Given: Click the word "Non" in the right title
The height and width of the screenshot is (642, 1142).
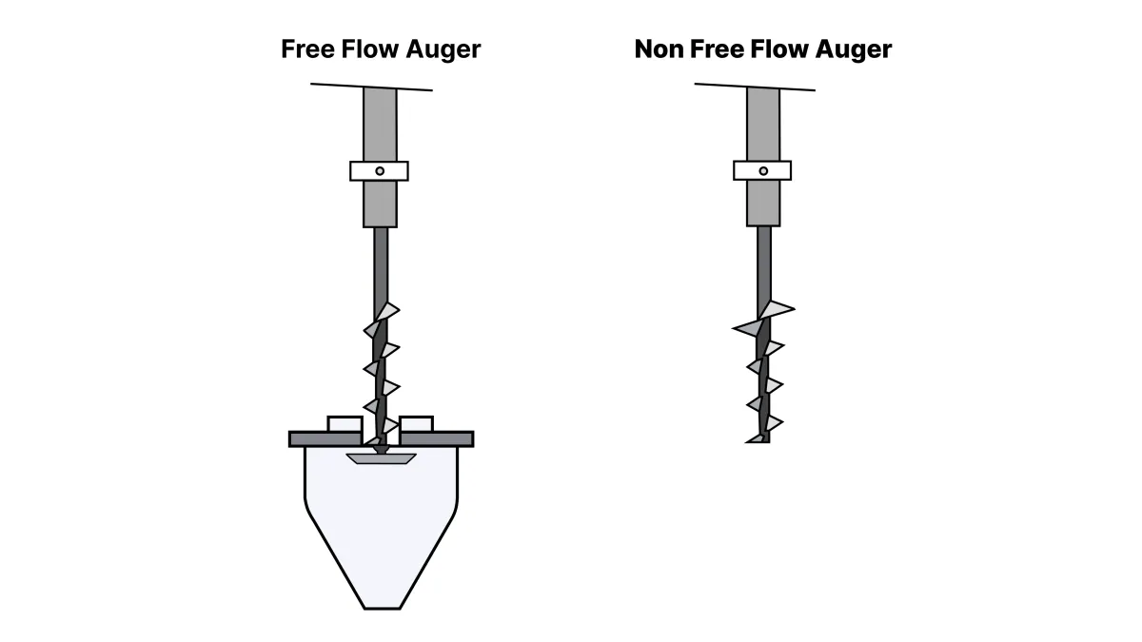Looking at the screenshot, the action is tap(659, 49).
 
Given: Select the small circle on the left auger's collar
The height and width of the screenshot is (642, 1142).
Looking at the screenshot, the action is tap(380, 171).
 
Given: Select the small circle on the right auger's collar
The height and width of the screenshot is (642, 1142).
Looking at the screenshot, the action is tap(763, 170).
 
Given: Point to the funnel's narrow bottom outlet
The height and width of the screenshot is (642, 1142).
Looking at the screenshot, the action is tap(382, 608).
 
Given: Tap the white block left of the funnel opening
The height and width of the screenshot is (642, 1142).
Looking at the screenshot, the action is tap(345, 424).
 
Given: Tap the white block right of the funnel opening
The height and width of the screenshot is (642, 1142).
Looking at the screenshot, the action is tap(417, 424).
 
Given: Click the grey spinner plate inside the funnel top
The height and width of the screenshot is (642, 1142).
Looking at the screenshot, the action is tap(382, 458).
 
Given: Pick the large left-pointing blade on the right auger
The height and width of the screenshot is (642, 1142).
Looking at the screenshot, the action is tap(747, 328).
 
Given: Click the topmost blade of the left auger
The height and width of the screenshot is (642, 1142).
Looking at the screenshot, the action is tap(387, 311).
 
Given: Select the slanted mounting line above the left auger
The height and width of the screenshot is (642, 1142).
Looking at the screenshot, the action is tap(372, 88).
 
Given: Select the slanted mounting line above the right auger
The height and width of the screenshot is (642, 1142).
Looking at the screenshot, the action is tap(755, 88).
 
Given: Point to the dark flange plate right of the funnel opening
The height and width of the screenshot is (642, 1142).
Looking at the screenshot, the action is tap(437, 439).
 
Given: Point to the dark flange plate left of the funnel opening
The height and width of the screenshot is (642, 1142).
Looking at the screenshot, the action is tap(325, 439).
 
